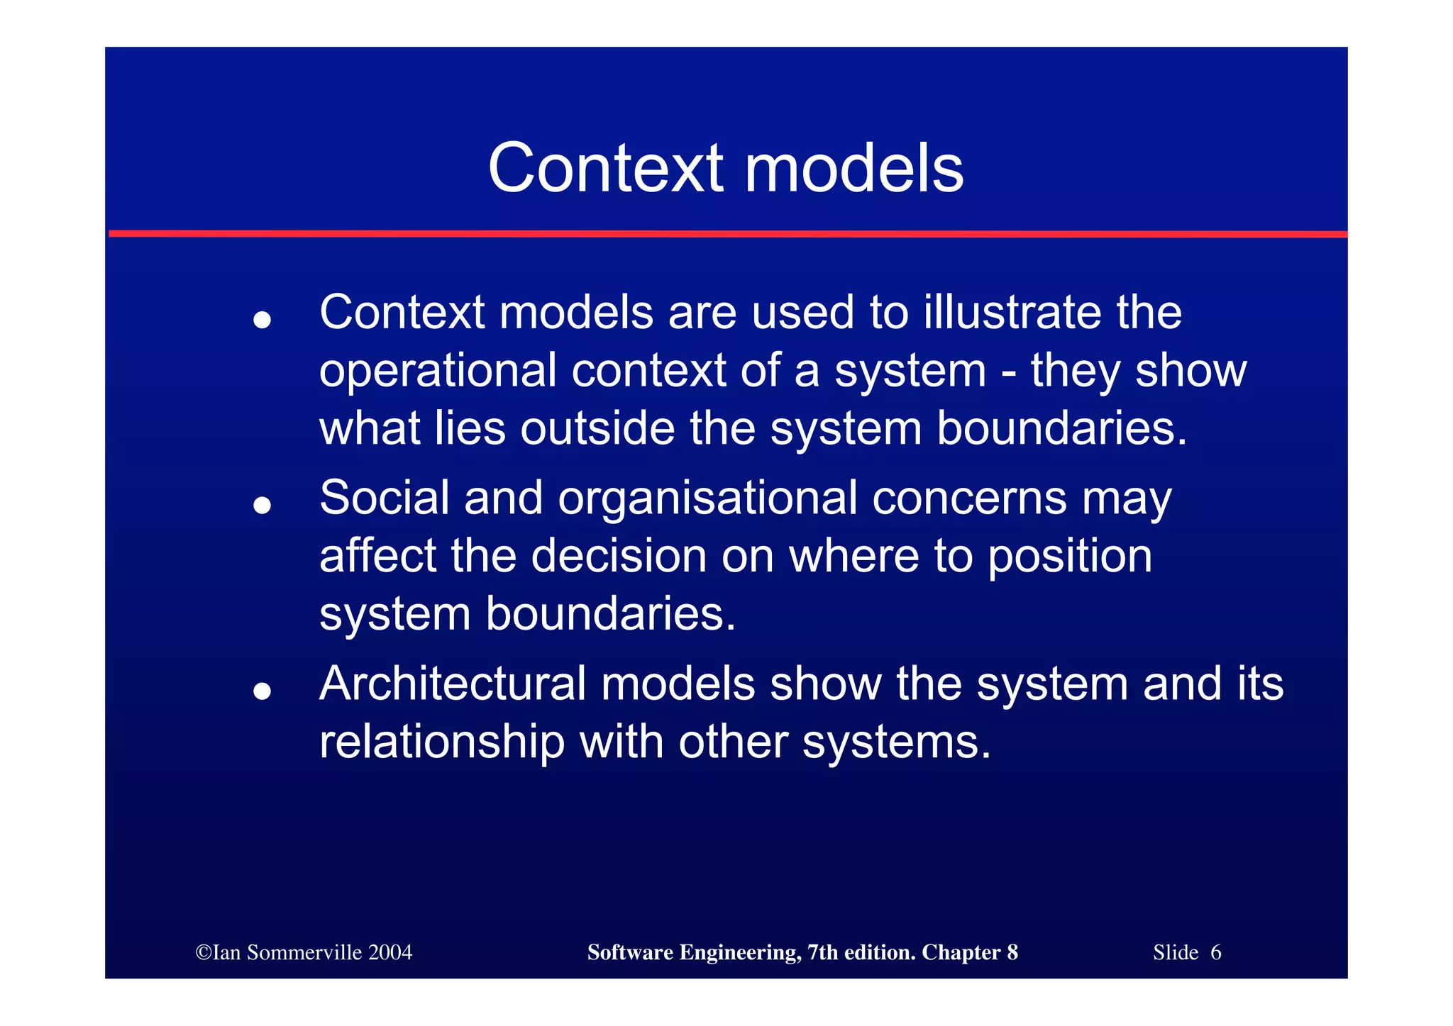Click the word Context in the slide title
(605, 168)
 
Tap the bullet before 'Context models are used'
(262, 320)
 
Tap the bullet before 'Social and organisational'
(262, 505)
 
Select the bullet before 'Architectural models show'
(262, 691)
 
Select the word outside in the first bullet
(597, 428)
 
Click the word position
(1070, 557)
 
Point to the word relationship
(442, 742)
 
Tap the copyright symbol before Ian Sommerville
(204, 952)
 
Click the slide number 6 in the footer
(1215, 952)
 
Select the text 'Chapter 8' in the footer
(969, 952)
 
